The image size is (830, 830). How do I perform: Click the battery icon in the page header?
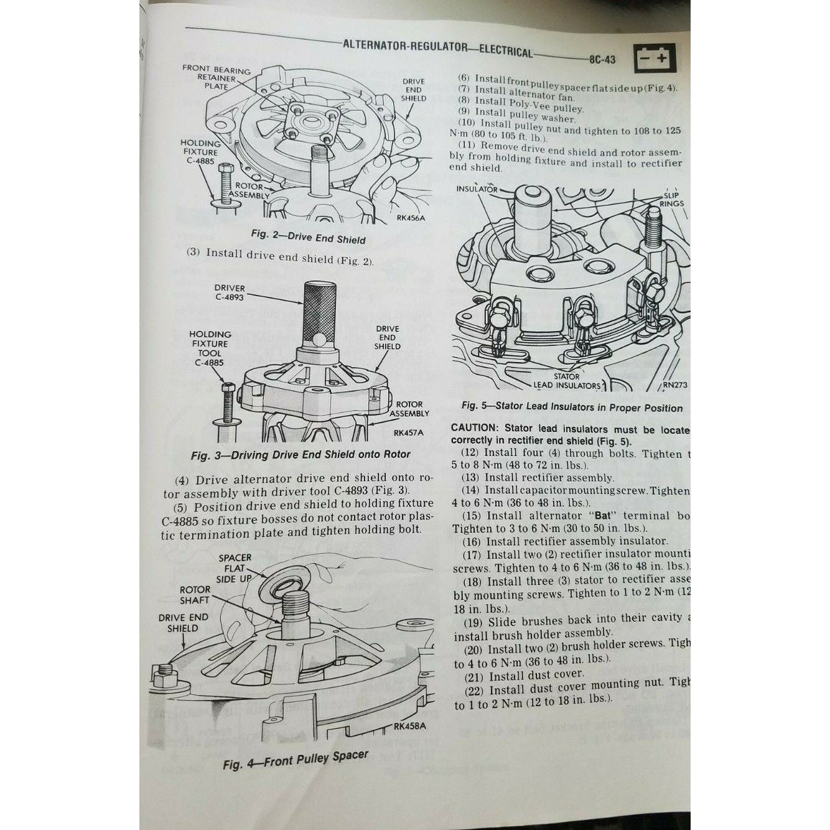(x=659, y=60)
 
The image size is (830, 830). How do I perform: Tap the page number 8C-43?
(x=600, y=60)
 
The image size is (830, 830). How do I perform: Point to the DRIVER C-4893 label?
(x=230, y=293)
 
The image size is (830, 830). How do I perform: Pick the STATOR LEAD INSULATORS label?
(x=566, y=381)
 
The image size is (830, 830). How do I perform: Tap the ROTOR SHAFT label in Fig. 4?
(x=194, y=594)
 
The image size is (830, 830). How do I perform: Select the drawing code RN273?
(x=674, y=385)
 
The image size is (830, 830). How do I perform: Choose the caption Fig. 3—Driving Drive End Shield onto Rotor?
(x=301, y=454)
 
